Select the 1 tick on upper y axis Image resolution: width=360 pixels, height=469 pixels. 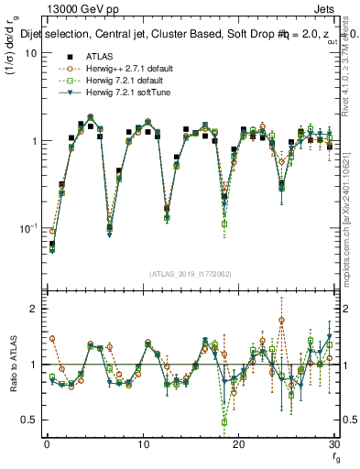34,141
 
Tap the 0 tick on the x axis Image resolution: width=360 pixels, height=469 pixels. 46,444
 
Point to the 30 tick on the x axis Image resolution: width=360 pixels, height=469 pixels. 333,444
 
